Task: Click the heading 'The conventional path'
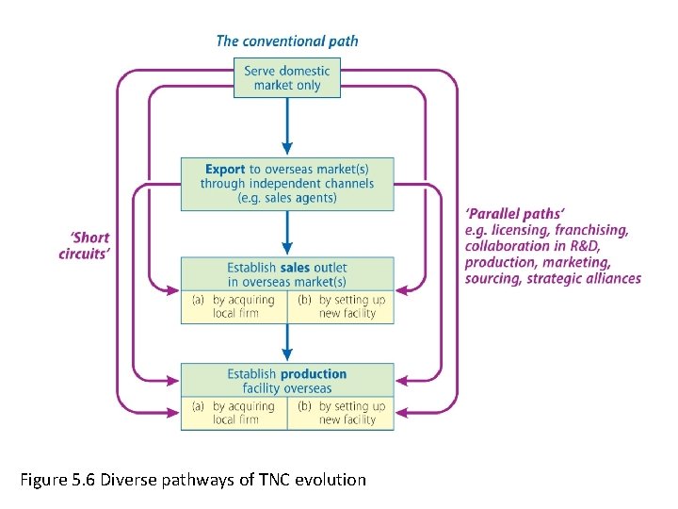pos(287,41)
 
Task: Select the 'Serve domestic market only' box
pos(287,78)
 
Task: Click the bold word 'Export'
pos(225,170)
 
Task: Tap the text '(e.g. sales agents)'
pos(287,198)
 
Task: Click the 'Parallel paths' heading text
pos(515,215)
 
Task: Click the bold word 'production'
pos(314,374)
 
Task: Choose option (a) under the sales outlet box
pos(234,306)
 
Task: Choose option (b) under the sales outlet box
pos(340,306)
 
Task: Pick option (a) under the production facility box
pos(234,413)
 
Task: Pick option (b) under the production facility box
pos(340,413)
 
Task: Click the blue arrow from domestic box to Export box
pos(287,126)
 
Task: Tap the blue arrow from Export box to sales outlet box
pos(287,232)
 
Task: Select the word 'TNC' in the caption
pos(270,480)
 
